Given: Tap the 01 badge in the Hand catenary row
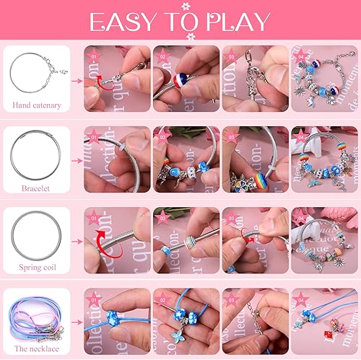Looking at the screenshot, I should [92, 54].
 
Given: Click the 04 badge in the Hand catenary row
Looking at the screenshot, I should [298, 54].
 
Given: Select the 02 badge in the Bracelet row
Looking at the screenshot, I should [161, 135].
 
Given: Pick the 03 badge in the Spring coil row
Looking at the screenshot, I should [230, 216].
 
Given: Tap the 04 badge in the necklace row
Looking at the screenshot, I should [298, 296].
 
